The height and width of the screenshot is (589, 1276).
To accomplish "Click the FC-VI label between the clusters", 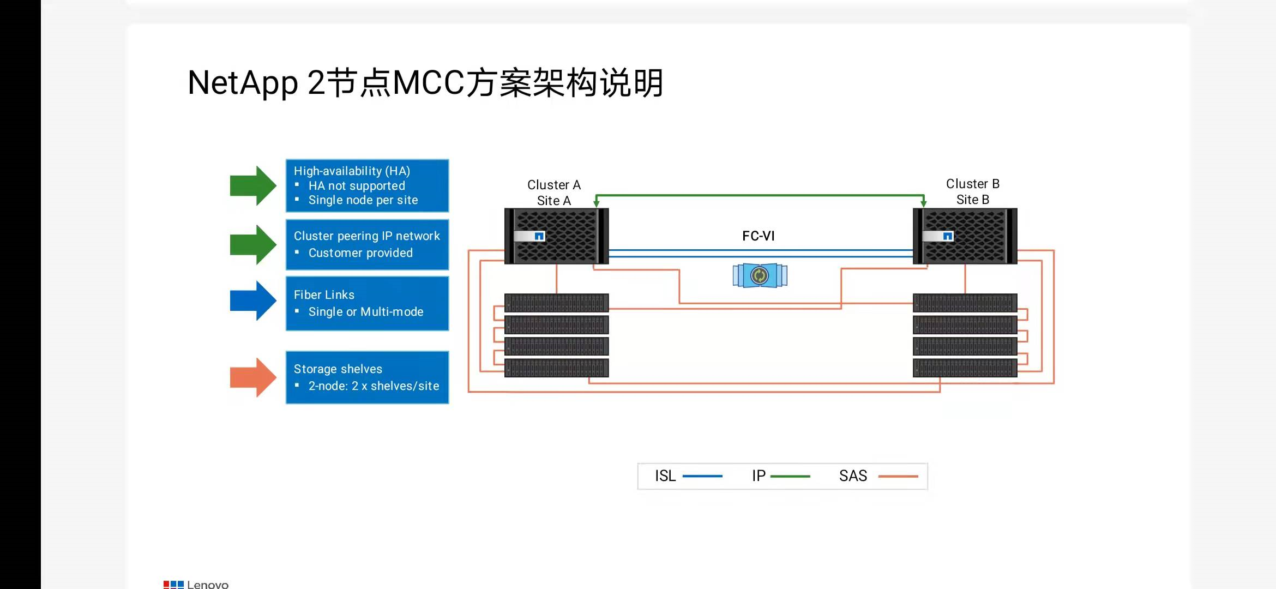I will (x=758, y=236).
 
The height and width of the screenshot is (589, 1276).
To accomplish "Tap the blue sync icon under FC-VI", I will (x=760, y=275).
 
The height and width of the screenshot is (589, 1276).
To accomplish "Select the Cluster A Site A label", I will (x=553, y=193).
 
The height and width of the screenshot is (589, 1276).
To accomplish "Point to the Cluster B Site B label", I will (x=972, y=191).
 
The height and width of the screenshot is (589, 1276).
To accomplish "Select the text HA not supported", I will (x=357, y=186).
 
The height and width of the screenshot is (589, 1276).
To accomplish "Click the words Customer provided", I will (x=360, y=253).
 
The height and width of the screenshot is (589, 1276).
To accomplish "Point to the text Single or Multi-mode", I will (x=365, y=312).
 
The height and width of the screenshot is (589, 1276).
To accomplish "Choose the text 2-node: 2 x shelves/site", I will (x=374, y=386).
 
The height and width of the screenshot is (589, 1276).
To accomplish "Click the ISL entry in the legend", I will (x=687, y=476).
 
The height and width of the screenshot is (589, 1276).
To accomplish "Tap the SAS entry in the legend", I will (x=877, y=476).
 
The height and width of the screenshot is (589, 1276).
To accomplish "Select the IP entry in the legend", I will (x=780, y=476).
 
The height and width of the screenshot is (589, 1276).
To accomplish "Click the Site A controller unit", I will (x=556, y=236).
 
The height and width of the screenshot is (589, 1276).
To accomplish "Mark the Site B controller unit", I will (x=965, y=236).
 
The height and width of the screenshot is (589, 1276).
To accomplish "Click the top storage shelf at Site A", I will (x=556, y=303).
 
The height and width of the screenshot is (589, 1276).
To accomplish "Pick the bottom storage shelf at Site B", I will (x=965, y=368).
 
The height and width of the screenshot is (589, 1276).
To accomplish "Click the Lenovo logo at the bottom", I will (x=196, y=584).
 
